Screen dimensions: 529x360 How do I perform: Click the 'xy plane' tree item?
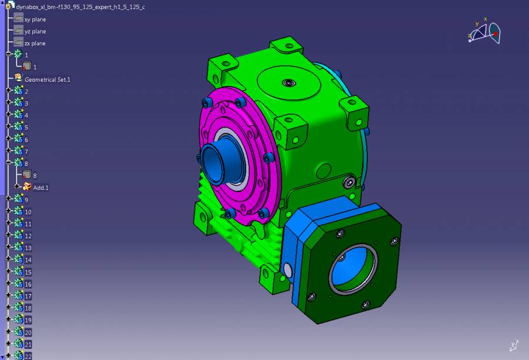(35, 19)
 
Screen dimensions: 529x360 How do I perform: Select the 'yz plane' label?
(35, 31)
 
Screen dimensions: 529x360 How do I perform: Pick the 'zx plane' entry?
(35, 44)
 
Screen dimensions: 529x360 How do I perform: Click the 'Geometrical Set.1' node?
(48, 79)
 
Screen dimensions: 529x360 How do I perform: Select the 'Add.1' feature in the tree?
(41, 188)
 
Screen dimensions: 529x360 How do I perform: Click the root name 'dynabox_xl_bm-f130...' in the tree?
(81, 7)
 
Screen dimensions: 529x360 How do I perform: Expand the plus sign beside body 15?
(8, 271)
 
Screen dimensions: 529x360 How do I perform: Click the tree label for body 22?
(28, 356)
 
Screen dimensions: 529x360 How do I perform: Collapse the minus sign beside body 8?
(8, 162)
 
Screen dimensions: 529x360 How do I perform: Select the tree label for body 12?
(28, 236)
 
